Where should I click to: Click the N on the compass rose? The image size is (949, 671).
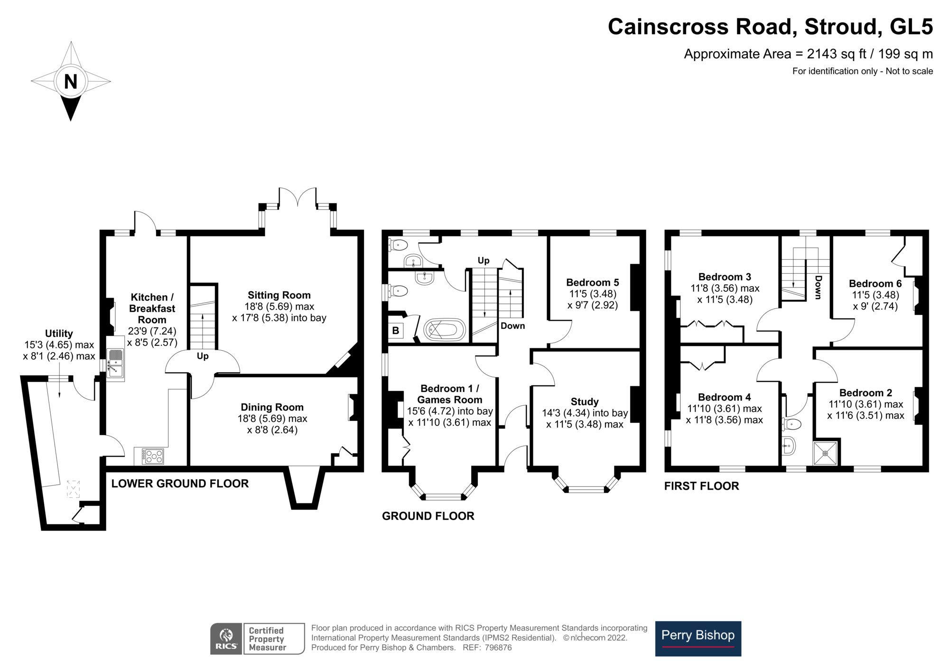[x=70, y=82]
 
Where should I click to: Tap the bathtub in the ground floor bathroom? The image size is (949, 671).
[x=444, y=329]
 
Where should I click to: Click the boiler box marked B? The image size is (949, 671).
[x=396, y=331]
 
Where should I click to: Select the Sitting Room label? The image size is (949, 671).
[x=279, y=295]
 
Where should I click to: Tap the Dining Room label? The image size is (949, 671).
[x=272, y=407]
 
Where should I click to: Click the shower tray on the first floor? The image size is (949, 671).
[x=826, y=453]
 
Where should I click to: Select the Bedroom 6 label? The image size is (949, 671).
[x=875, y=283]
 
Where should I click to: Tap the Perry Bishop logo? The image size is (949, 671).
[x=698, y=638]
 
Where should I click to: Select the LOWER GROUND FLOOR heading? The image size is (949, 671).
[x=180, y=484]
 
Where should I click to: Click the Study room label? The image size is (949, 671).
[x=585, y=401]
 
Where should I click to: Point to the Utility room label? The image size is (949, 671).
[x=59, y=333]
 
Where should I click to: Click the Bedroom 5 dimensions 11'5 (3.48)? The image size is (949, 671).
[x=593, y=294]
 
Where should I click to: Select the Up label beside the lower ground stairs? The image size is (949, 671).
[x=203, y=356]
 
